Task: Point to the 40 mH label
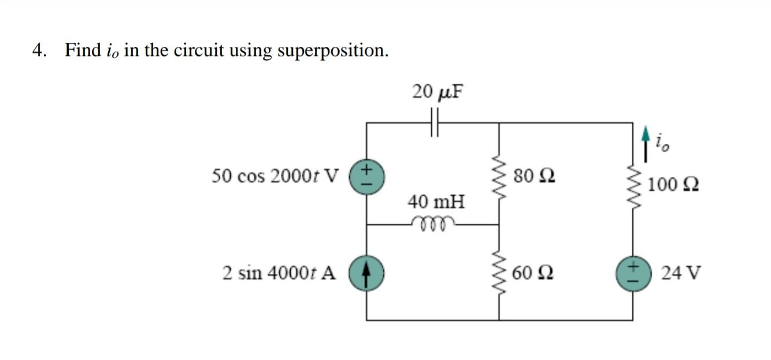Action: point(436,202)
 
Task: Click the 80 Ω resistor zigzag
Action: point(499,174)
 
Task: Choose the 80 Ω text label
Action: point(533,175)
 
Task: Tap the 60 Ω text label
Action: point(533,273)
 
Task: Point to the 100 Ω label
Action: point(673,185)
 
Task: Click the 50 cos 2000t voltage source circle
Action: point(366,175)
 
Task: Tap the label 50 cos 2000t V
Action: point(276,175)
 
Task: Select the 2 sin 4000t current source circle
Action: point(366,272)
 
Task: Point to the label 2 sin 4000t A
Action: point(279,273)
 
